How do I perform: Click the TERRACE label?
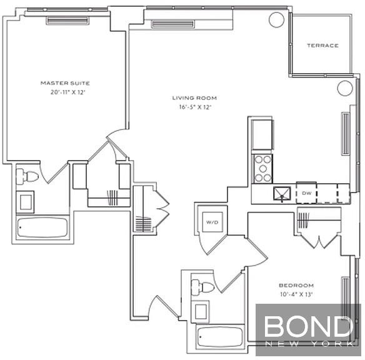pyautogui.click(x=322, y=46)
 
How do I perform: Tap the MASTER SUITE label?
pyautogui.click(x=65, y=83)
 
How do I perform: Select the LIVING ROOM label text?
pyautogui.click(x=194, y=98)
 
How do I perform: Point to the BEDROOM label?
pyautogui.click(x=296, y=285)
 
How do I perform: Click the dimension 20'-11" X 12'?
pyautogui.click(x=68, y=92)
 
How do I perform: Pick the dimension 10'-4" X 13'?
pyautogui.click(x=296, y=294)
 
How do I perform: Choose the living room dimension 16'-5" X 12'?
pyautogui.click(x=195, y=107)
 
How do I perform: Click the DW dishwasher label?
pyautogui.click(x=307, y=193)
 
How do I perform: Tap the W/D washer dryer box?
pyautogui.click(x=212, y=222)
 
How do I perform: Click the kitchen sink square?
pyautogui.click(x=282, y=194)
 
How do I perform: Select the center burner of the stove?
pyautogui.click(x=263, y=169)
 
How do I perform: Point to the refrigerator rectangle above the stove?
pyautogui.click(x=262, y=134)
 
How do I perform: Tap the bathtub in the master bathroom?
pyautogui.click(x=42, y=227)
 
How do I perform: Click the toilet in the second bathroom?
pyautogui.click(x=202, y=287)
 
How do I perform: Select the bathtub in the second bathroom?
pyautogui.click(x=220, y=337)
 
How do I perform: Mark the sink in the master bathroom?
pyautogui.click(x=25, y=202)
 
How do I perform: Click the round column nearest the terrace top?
pyautogui.click(x=276, y=19)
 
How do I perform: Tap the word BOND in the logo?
pyautogui.click(x=308, y=326)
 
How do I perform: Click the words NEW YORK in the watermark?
pyautogui.click(x=309, y=344)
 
